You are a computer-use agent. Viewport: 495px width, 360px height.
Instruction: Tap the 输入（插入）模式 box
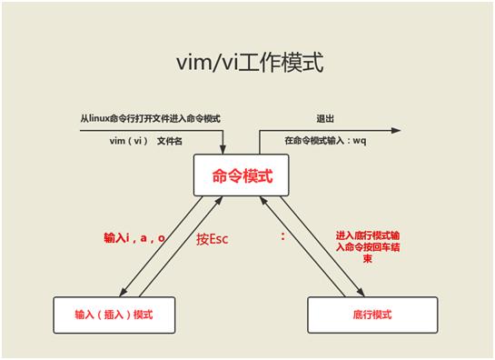click(114, 314)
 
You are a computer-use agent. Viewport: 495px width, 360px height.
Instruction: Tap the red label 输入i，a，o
click(134, 238)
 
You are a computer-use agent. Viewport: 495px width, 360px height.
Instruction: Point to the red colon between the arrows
click(282, 236)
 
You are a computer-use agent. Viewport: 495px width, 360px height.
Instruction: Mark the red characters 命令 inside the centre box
click(225, 175)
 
